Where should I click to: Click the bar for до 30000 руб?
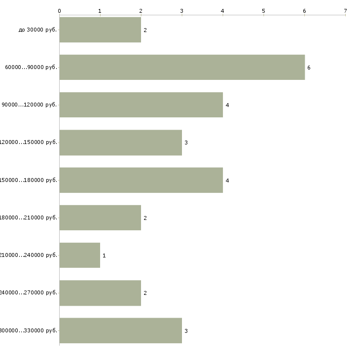(x=100, y=30)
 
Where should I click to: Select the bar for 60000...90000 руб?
(x=182, y=67)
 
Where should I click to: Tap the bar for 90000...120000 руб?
(x=141, y=105)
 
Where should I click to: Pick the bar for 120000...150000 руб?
(x=120, y=143)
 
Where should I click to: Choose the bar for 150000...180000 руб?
(x=141, y=180)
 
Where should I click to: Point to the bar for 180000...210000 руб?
(x=100, y=217)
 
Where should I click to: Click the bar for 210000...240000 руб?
(x=79, y=255)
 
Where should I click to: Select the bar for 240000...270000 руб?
(x=100, y=293)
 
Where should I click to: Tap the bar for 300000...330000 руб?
(x=120, y=330)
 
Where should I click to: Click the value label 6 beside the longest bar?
(x=309, y=68)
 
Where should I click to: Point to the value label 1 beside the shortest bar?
(x=104, y=255)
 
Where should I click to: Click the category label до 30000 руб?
(x=38, y=30)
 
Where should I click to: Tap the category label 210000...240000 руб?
(x=29, y=255)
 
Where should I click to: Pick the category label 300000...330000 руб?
(x=29, y=330)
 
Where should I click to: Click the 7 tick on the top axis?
(x=345, y=10)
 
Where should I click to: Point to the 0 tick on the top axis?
(x=59, y=10)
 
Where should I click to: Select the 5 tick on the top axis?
(x=263, y=10)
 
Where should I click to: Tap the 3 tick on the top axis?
(x=182, y=10)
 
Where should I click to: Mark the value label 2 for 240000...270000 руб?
(x=145, y=293)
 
